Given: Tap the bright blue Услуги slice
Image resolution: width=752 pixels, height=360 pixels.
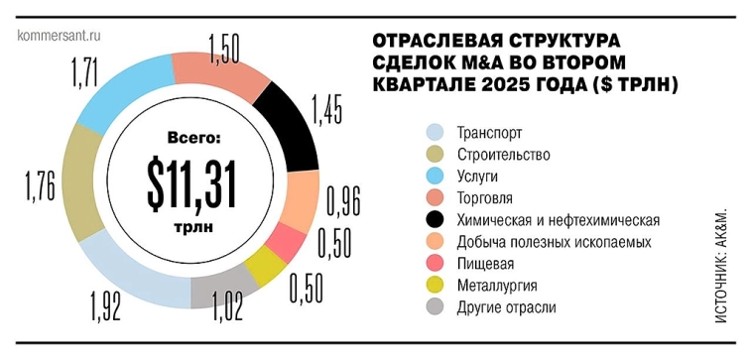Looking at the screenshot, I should [116, 94].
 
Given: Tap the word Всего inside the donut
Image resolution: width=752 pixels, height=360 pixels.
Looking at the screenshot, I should [188, 139].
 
